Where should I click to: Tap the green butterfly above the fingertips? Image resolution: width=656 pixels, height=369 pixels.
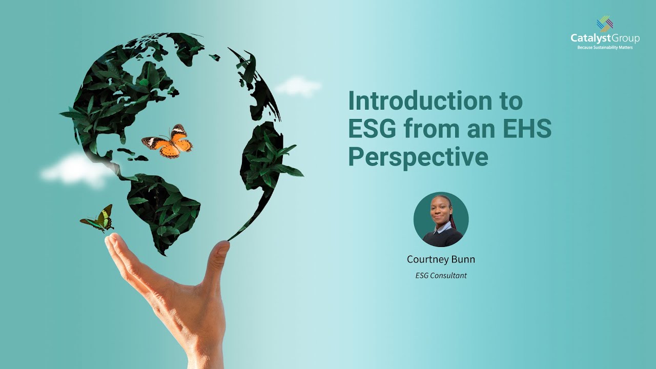tap(99, 218)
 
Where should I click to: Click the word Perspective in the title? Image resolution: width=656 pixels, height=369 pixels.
tap(418, 157)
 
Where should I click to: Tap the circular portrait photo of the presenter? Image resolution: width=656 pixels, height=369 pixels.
tap(441, 219)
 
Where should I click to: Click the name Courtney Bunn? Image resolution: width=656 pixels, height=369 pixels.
tap(441, 259)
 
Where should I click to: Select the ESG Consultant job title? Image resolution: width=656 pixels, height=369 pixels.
tap(441, 276)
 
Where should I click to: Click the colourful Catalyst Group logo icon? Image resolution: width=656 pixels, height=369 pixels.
tap(605, 24)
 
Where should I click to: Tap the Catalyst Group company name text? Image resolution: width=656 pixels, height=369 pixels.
tap(605, 38)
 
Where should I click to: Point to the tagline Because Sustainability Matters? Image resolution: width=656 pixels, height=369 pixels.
tap(605, 48)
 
